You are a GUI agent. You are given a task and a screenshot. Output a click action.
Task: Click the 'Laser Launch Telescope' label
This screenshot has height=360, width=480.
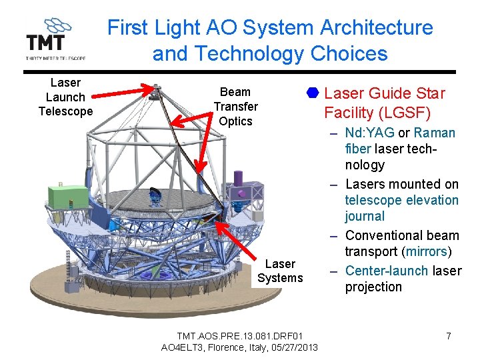[65, 97]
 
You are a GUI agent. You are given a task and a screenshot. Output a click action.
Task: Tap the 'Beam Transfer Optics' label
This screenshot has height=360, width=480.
[235, 107]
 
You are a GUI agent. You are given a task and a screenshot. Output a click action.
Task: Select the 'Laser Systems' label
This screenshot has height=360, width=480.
[280, 271]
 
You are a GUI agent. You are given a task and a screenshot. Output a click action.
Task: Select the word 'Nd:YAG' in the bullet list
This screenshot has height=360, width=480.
[370, 133]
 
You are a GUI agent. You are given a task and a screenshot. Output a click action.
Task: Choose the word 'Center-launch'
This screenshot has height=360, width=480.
[387, 270]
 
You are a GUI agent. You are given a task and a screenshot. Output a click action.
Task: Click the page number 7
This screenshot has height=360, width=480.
[449, 336]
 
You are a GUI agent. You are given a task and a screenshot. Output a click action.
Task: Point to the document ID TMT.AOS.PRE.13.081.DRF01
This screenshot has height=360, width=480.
[239, 335]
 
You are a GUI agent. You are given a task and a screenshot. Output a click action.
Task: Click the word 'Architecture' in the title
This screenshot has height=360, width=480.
[376, 28]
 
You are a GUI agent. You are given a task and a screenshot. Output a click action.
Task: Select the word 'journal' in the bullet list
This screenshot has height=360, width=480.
[365, 216]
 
